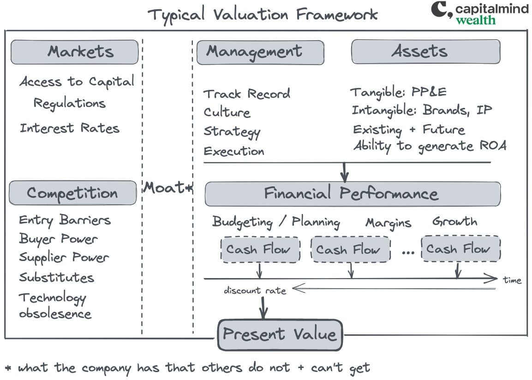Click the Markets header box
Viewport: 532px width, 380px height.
click(75, 52)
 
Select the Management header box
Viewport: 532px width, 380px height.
click(260, 52)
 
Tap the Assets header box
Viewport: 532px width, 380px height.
click(426, 52)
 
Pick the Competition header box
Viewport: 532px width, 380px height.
click(72, 193)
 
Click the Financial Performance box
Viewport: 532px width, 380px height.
click(353, 194)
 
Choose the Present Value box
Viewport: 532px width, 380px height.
click(280, 335)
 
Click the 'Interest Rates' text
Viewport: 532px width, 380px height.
click(70, 128)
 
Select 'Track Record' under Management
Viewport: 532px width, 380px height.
click(247, 94)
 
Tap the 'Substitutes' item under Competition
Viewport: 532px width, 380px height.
click(56, 277)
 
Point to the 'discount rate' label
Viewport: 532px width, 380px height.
click(255, 291)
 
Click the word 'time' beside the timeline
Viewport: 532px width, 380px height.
click(512, 280)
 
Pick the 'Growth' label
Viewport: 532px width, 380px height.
click(454, 221)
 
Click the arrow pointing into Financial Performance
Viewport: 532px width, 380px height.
click(344, 172)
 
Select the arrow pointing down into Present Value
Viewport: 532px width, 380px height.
click(263, 308)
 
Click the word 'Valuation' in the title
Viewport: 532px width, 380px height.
click(251, 15)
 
